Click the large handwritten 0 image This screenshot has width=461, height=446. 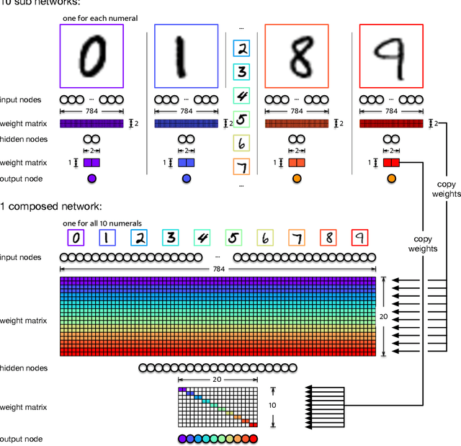pyautogui.click(x=91, y=56)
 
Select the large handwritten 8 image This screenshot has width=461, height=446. pyautogui.click(x=296, y=56)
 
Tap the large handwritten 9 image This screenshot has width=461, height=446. pyautogui.click(x=391, y=56)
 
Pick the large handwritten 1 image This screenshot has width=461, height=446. pyautogui.click(x=186, y=56)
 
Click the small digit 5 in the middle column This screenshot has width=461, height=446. pyautogui.click(x=241, y=120)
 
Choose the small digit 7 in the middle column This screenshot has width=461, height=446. pyautogui.click(x=241, y=167)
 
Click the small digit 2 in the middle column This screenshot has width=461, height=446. pyautogui.click(x=241, y=48)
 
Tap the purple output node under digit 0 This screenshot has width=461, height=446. pyautogui.click(x=91, y=179)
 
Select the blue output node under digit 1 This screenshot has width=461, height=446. pyautogui.click(x=186, y=179)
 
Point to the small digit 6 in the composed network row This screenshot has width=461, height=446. pyautogui.click(x=265, y=238)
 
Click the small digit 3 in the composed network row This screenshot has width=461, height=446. pyautogui.click(x=170, y=238)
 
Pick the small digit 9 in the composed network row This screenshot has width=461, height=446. pyautogui.click(x=359, y=238)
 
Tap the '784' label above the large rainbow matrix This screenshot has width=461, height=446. pyautogui.click(x=218, y=269)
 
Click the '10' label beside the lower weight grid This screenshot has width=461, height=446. pyautogui.click(x=272, y=405)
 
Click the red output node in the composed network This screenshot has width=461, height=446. pyautogui.click(x=252, y=439)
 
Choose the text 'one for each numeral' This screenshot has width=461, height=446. pyautogui.click(x=101, y=18)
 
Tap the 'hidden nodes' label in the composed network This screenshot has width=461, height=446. pyautogui.click(x=24, y=368)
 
